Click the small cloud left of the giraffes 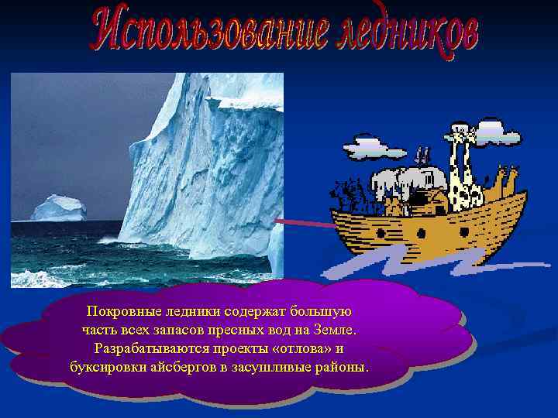[374, 145]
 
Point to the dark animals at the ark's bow [349, 194]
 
